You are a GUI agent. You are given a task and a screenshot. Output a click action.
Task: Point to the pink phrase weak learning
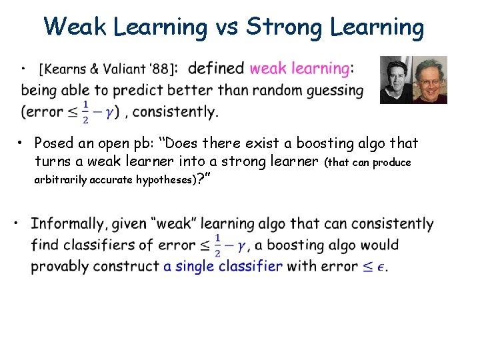pos(299,68)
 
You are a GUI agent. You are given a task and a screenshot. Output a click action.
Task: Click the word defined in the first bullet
pos(217,68)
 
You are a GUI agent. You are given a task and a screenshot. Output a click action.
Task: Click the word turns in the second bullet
pos(52,162)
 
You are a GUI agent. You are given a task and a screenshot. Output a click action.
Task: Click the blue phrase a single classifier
pos(223,266)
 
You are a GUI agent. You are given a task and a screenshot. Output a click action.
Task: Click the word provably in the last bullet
pos(61,266)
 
